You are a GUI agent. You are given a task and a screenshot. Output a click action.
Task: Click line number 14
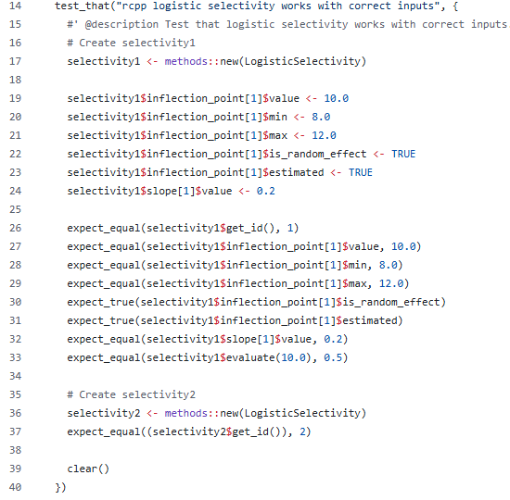click(15, 6)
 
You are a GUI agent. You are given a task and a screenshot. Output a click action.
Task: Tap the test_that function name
click(83, 6)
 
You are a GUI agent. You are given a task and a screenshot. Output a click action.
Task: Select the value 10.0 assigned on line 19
click(337, 98)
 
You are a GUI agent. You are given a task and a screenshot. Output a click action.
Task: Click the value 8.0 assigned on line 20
click(321, 117)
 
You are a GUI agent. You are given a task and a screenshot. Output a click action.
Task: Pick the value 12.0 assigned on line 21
click(324, 135)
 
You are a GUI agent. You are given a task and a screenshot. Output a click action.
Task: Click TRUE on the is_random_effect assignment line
click(403, 154)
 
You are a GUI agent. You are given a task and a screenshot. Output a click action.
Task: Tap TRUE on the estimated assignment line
click(361, 172)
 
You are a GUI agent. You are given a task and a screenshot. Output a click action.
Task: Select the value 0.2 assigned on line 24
click(266, 191)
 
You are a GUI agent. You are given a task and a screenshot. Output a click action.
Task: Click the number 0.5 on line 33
click(333, 357)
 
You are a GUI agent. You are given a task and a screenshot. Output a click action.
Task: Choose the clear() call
click(88, 469)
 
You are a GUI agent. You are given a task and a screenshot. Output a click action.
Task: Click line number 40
click(15, 487)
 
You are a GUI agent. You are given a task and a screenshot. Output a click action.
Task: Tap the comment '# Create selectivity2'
click(132, 394)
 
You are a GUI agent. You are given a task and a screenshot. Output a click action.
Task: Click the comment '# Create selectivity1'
click(132, 43)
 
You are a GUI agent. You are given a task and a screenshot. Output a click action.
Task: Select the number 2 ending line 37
click(303, 431)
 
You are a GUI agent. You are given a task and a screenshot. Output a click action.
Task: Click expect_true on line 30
click(101, 302)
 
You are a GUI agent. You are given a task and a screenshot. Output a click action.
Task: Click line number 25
click(15, 209)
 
